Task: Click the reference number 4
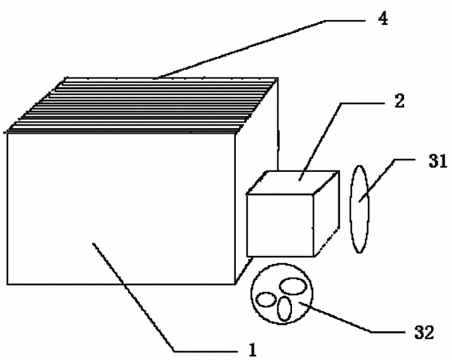pyautogui.click(x=383, y=19)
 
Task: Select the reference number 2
pyautogui.click(x=399, y=102)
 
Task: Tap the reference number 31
pyautogui.click(x=438, y=162)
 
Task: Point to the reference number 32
pyautogui.click(x=424, y=333)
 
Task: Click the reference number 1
pyautogui.click(x=252, y=350)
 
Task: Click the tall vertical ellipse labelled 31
pyautogui.click(x=350, y=210)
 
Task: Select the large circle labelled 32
pyautogui.click(x=251, y=294)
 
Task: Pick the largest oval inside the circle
pyautogui.click(x=293, y=286)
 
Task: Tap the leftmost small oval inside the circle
pyautogui.click(x=266, y=299)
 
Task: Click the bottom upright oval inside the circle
pyautogui.click(x=284, y=309)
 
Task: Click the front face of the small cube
pyautogui.click(x=280, y=226)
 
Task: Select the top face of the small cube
pyautogui.click(x=293, y=182)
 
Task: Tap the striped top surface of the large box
pyautogui.click(x=142, y=106)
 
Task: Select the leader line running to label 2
pyautogui.click(x=321, y=142)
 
